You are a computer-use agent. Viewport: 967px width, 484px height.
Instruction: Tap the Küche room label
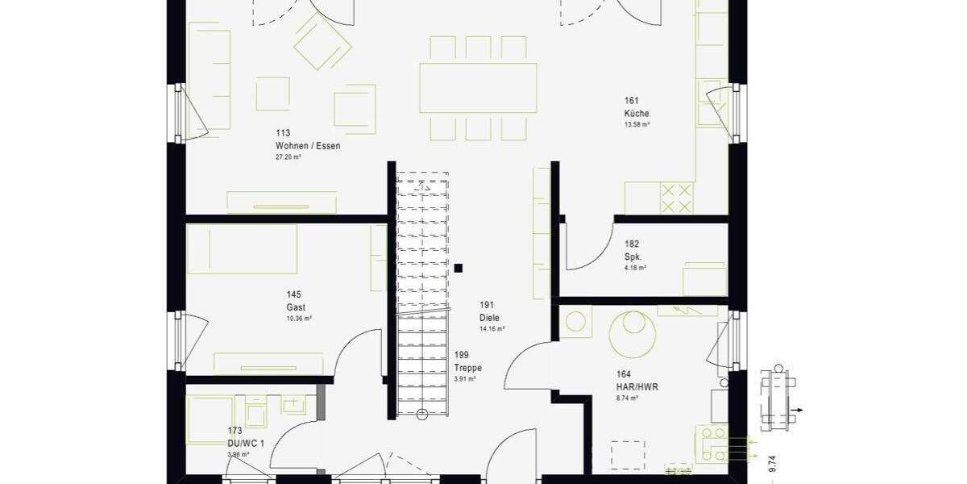point(636,114)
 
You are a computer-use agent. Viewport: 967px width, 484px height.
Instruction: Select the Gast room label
point(295,307)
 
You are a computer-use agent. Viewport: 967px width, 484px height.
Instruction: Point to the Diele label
point(489,318)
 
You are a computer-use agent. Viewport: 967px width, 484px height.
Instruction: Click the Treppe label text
point(467,368)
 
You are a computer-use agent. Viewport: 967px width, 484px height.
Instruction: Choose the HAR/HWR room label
point(637,387)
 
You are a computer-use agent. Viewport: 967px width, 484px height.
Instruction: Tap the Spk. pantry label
point(633,256)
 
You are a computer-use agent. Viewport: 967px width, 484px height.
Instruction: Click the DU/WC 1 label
point(246,444)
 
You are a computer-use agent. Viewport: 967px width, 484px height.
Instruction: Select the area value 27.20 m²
point(288,157)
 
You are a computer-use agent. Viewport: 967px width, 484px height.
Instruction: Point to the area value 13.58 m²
point(637,125)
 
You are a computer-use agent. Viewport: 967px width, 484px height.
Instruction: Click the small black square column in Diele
point(458,268)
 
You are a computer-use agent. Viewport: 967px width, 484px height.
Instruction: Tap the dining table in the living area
point(478,88)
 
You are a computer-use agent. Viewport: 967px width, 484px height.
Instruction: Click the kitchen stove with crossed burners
point(676,198)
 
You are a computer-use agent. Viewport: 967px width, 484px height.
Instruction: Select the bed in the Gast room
point(242,248)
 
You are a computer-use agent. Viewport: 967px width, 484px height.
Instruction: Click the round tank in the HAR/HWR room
point(632,334)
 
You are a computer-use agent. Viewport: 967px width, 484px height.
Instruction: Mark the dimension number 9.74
point(772,463)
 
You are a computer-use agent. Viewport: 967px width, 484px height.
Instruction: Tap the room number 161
point(631,101)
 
